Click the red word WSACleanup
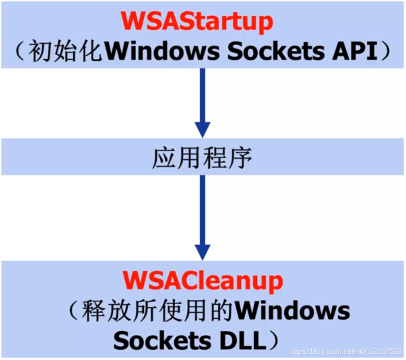[203, 281]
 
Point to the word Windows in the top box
[163, 52]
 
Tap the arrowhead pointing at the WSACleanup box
[203, 252]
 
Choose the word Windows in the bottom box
[292, 311]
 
